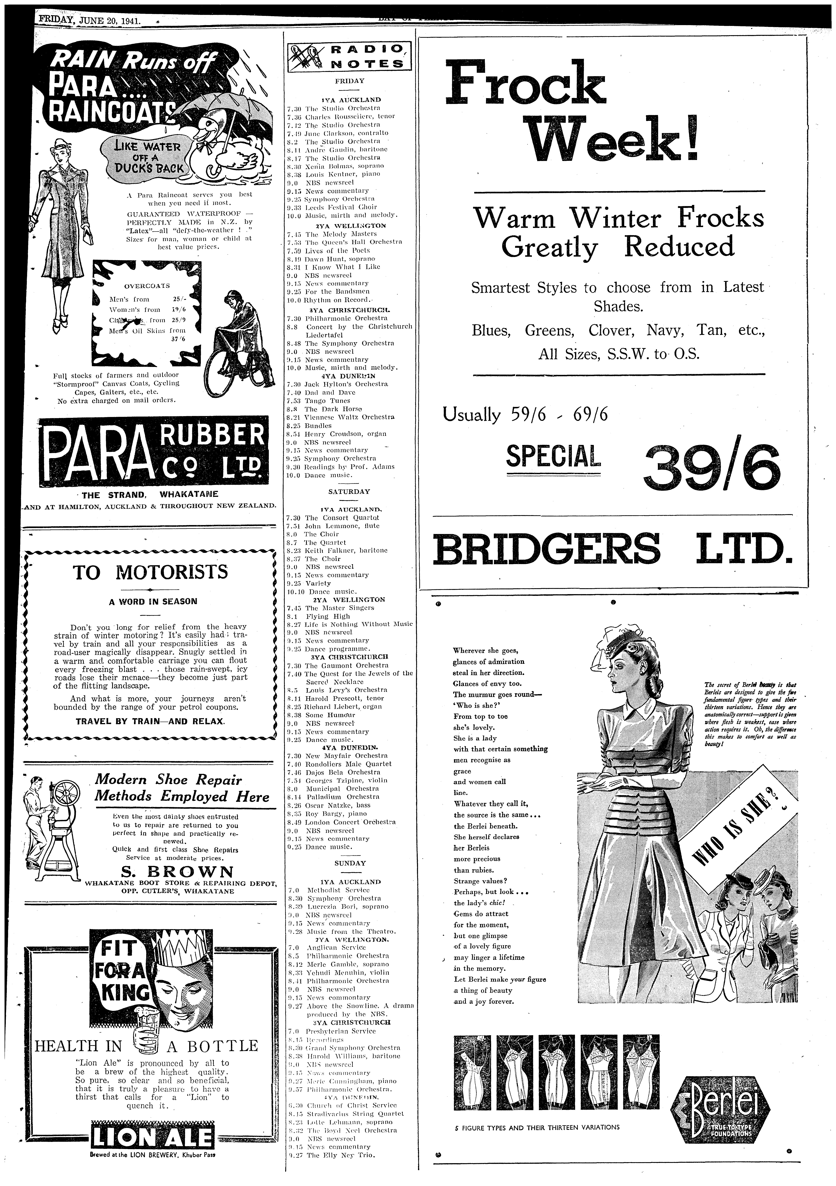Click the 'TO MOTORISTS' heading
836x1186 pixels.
[x=150, y=572]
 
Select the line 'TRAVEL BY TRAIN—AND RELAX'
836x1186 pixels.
[x=150, y=721]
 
